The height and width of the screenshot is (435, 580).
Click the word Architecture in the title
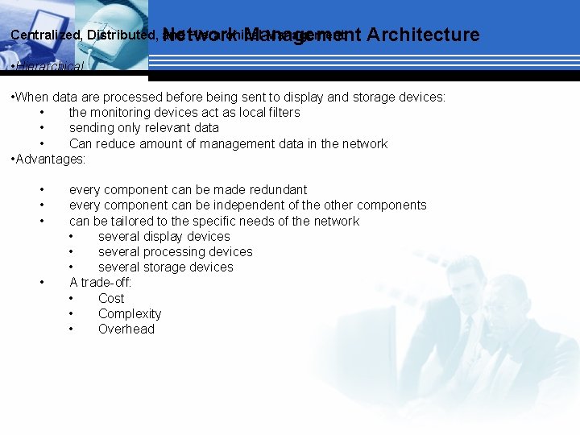422,35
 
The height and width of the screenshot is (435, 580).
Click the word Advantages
49,159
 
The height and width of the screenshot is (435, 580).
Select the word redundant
271,190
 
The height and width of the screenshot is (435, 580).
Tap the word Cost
111,299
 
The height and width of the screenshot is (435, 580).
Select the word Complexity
130,314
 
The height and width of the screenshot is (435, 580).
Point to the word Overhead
126,329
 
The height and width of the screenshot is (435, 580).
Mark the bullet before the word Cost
72,299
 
